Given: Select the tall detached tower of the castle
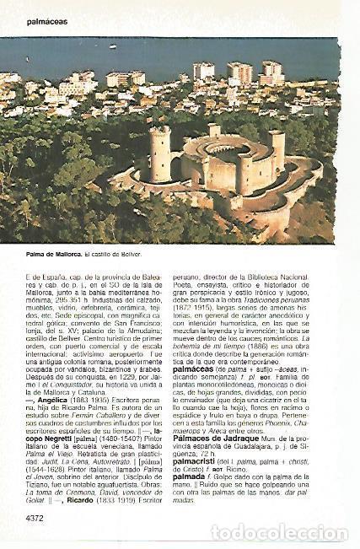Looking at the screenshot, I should (160, 154).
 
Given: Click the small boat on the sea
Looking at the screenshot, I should (113, 46).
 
